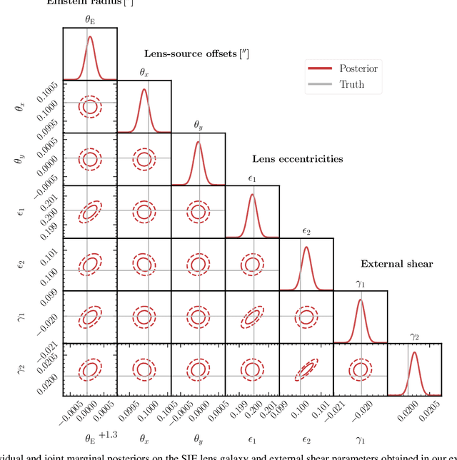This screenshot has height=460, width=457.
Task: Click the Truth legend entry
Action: [x=351, y=84]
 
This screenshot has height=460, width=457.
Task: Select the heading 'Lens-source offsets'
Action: [x=196, y=53]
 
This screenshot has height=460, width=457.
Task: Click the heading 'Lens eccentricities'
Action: [x=297, y=159]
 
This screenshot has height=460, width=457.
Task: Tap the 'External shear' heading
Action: [x=396, y=264]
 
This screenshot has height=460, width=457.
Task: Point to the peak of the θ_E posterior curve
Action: [x=90, y=37]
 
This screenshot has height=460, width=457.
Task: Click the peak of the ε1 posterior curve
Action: [x=252, y=195]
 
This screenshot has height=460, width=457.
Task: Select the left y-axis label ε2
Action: [x=21, y=265]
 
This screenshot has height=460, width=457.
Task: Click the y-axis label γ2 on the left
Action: [x=21, y=369]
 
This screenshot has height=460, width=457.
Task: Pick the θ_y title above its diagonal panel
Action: [x=198, y=125]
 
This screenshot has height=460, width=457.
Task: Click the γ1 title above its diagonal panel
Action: [x=361, y=283]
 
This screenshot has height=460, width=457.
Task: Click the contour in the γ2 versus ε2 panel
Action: [x=306, y=369]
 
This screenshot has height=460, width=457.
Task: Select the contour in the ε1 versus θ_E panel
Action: [x=90, y=212]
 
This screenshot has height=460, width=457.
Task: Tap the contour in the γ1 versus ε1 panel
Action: [x=252, y=317]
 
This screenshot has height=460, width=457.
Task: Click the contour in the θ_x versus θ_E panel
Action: [x=90, y=107]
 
